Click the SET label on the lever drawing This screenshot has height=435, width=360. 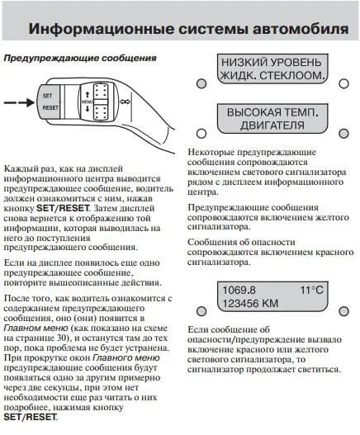click(47, 97)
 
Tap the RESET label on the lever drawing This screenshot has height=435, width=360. click(50, 107)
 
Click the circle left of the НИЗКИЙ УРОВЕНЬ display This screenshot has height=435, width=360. click(201, 83)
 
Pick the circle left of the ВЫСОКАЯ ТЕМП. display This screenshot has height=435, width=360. click(201, 132)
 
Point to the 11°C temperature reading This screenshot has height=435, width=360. click(312, 291)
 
